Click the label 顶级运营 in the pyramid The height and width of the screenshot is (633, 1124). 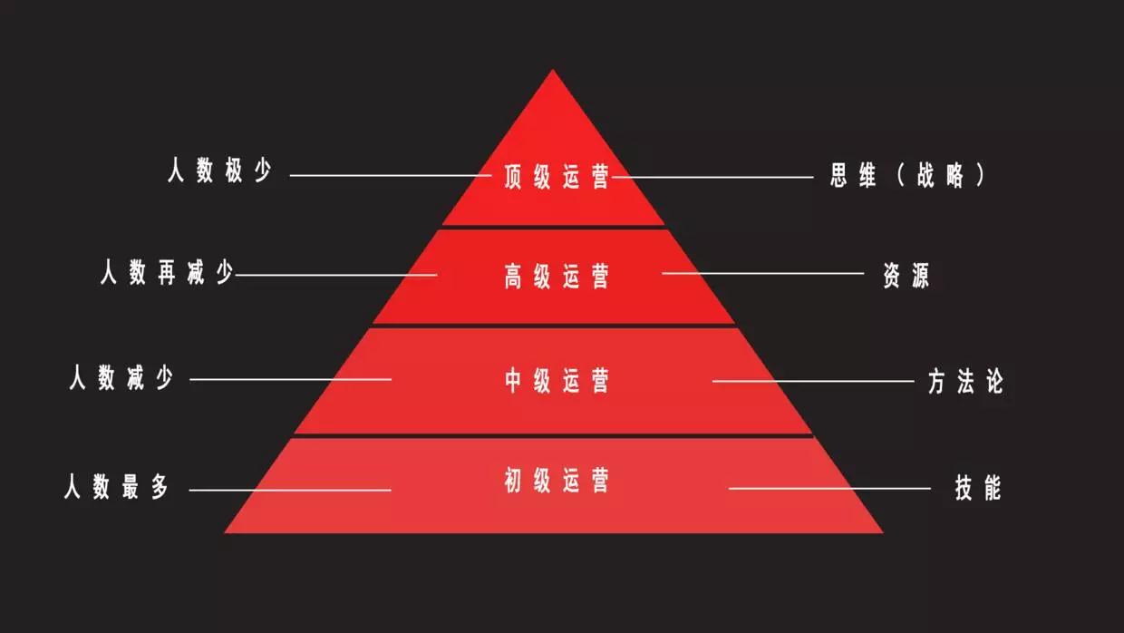click(557, 177)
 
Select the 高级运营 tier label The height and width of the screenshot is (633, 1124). click(557, 276)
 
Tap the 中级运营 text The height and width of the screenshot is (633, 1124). click(557, 380)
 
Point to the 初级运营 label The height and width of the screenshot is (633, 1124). click(557, 480)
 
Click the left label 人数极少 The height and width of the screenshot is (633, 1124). click(219, 170)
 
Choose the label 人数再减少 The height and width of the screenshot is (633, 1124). click(167, 273)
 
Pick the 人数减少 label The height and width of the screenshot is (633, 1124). click(121, 377)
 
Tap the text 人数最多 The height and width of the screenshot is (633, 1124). click(116, 486)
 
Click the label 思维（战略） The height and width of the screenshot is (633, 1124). click(907, 176)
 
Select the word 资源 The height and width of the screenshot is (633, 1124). click(906, 275)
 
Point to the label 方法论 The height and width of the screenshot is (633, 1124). click(965, 381)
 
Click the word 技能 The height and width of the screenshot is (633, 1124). click(978, 487)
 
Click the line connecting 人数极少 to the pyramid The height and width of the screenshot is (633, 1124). click(391, 175)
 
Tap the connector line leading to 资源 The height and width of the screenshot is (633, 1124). click(762, 273)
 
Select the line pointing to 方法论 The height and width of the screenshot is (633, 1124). click(813, 381)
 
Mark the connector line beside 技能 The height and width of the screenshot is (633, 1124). click(829, 488)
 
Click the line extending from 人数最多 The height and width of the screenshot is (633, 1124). click(290, 490)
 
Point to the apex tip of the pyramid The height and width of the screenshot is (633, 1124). click(553, 70)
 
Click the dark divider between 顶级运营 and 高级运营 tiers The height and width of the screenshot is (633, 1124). click(554, 228)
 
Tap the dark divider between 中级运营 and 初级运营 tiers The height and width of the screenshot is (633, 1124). click(554, 435)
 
